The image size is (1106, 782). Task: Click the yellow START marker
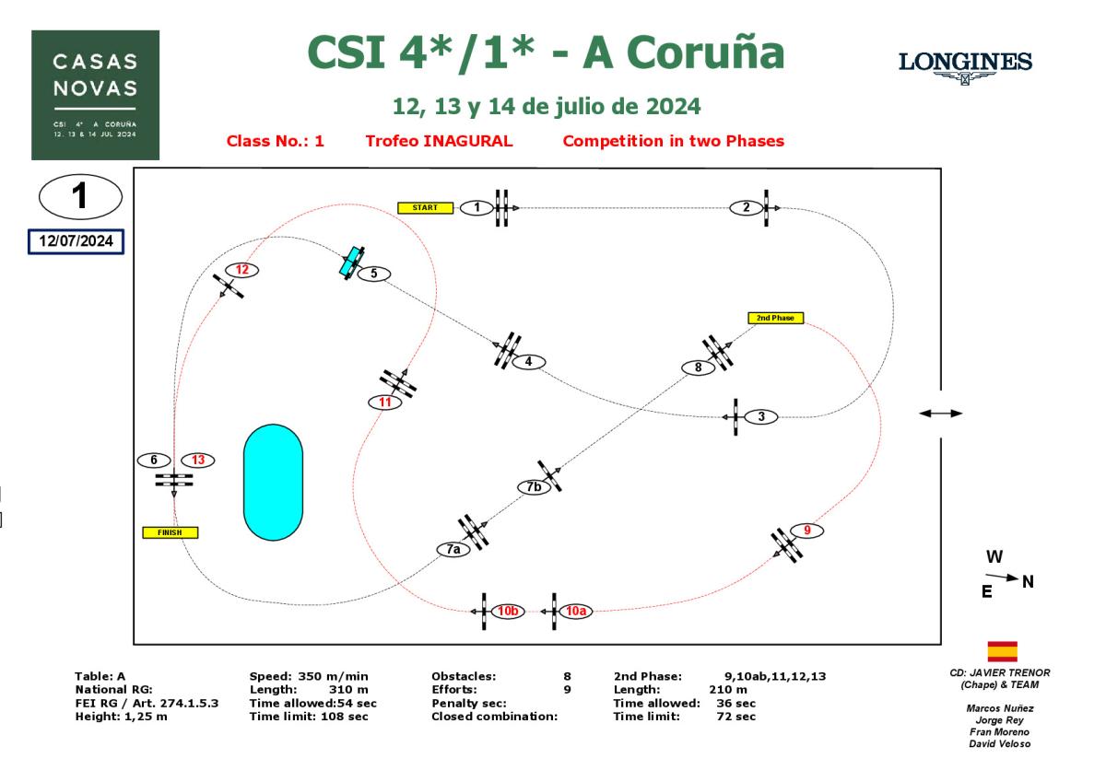(425, 207)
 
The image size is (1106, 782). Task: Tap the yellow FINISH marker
(170, 532)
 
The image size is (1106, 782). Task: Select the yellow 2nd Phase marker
(775, 318)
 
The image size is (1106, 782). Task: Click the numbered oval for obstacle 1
(477, 208)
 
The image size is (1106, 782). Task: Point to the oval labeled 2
(746, 207)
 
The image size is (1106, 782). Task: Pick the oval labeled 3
(760, 416)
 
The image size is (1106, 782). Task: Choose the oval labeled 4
(528, 361)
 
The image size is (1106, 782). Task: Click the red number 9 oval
(806, 531)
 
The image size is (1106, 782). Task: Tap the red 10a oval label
(575, 611)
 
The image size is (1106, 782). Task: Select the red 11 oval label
(384, 402)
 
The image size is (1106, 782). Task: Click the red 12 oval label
(242, 270)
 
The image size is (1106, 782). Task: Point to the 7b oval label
(534, 487)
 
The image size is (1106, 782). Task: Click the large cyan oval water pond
(272, 482)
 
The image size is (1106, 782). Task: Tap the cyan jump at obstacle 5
(350, 263)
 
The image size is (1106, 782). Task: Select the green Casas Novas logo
(95, 95)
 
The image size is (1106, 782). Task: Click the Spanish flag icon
(1002, 651)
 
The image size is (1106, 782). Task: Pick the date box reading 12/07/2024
(76, 240)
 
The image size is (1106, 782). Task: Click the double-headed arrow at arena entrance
(940, 414)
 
